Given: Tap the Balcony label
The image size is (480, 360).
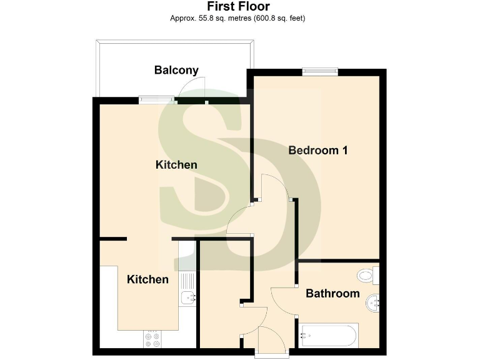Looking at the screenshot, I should (176, 70).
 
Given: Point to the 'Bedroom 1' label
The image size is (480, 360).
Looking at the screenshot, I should (317, 150).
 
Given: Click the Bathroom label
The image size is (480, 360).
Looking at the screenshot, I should (332, 293).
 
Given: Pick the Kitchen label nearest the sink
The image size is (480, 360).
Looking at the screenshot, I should (147, 279).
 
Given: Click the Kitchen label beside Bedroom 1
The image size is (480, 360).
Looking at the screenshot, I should (176, 165).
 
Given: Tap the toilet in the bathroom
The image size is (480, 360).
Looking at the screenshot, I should (368, 274).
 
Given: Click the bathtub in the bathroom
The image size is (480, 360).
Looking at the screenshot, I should (329, 335).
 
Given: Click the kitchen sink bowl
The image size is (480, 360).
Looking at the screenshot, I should (187, 297).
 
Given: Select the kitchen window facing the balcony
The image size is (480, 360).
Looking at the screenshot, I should (156, 98).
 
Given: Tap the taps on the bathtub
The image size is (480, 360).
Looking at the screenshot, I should (306, 335).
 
